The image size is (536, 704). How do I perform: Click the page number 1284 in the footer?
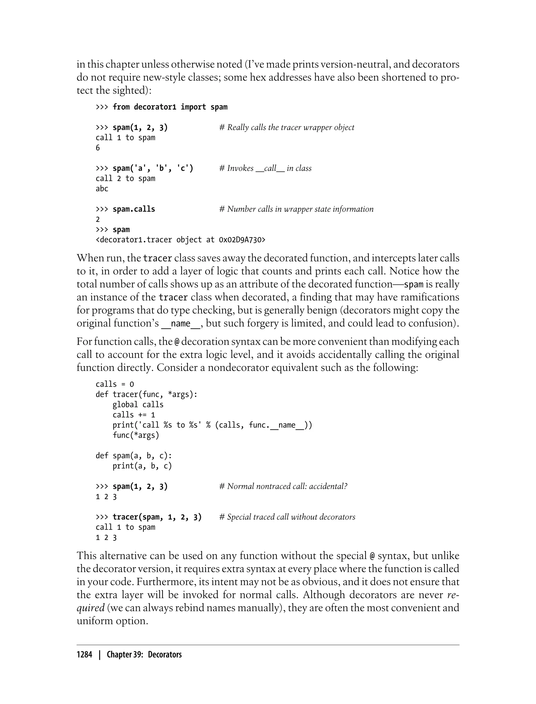(84, 654)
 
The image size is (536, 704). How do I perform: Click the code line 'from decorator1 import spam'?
(170, 107)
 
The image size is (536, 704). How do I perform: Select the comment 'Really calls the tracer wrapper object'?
(287, 127)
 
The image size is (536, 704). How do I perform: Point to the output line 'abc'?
(102, 189)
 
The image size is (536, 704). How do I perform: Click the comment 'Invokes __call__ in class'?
(265, 168)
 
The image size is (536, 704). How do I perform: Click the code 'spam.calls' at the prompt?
(134, 209)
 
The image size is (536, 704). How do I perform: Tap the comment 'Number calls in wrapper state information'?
(296, 209)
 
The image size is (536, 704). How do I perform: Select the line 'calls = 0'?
(115, 384)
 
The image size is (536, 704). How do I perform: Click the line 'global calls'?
(138, 405)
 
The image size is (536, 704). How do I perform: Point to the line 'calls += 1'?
(134, 415)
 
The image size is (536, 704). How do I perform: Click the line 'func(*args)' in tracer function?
(136, 435)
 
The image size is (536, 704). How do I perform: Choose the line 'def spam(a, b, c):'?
(134, 456)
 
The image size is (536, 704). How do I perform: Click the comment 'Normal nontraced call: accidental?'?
(283, 486)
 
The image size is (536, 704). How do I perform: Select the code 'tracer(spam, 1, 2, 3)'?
(157, 517)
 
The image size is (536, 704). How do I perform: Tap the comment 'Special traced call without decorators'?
(287, 517)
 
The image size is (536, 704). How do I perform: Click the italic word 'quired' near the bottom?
(91, 608)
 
